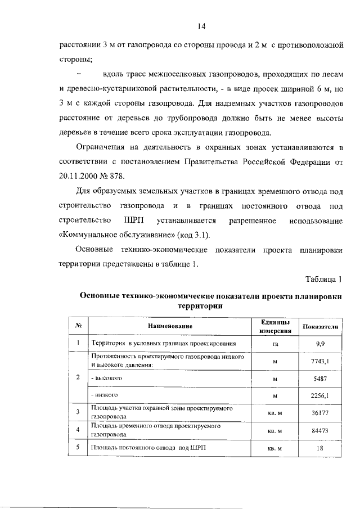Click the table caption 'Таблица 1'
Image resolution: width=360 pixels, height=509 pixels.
pyautogui.click(x=323, y=279)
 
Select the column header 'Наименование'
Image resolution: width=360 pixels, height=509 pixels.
pyautogui.click(x=170, y=326)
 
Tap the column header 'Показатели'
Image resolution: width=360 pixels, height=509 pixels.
pyautogui.click(x=319, y=326)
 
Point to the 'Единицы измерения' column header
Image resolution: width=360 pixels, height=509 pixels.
pyautogui.click(x=274, y=326)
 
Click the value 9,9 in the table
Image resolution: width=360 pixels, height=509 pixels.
pyautogui.click(x=319, y=343)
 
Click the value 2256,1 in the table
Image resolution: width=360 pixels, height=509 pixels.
pyautogui.click(x=319, y=396)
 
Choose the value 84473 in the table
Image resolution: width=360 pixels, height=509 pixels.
pyautogui.click(x=319, y=431)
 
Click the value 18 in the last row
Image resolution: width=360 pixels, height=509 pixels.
pyautogui.click(x=319, y=448)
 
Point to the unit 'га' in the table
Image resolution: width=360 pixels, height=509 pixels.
pyautogui.click(x=275, y=343)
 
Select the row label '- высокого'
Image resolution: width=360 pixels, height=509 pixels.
pyautogui.click(x=107, y=379)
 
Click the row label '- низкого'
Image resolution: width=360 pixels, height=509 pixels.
pyautogui.click(x=105, y=396)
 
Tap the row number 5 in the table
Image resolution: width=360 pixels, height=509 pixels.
pyautogui.click(x=78, y=448)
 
